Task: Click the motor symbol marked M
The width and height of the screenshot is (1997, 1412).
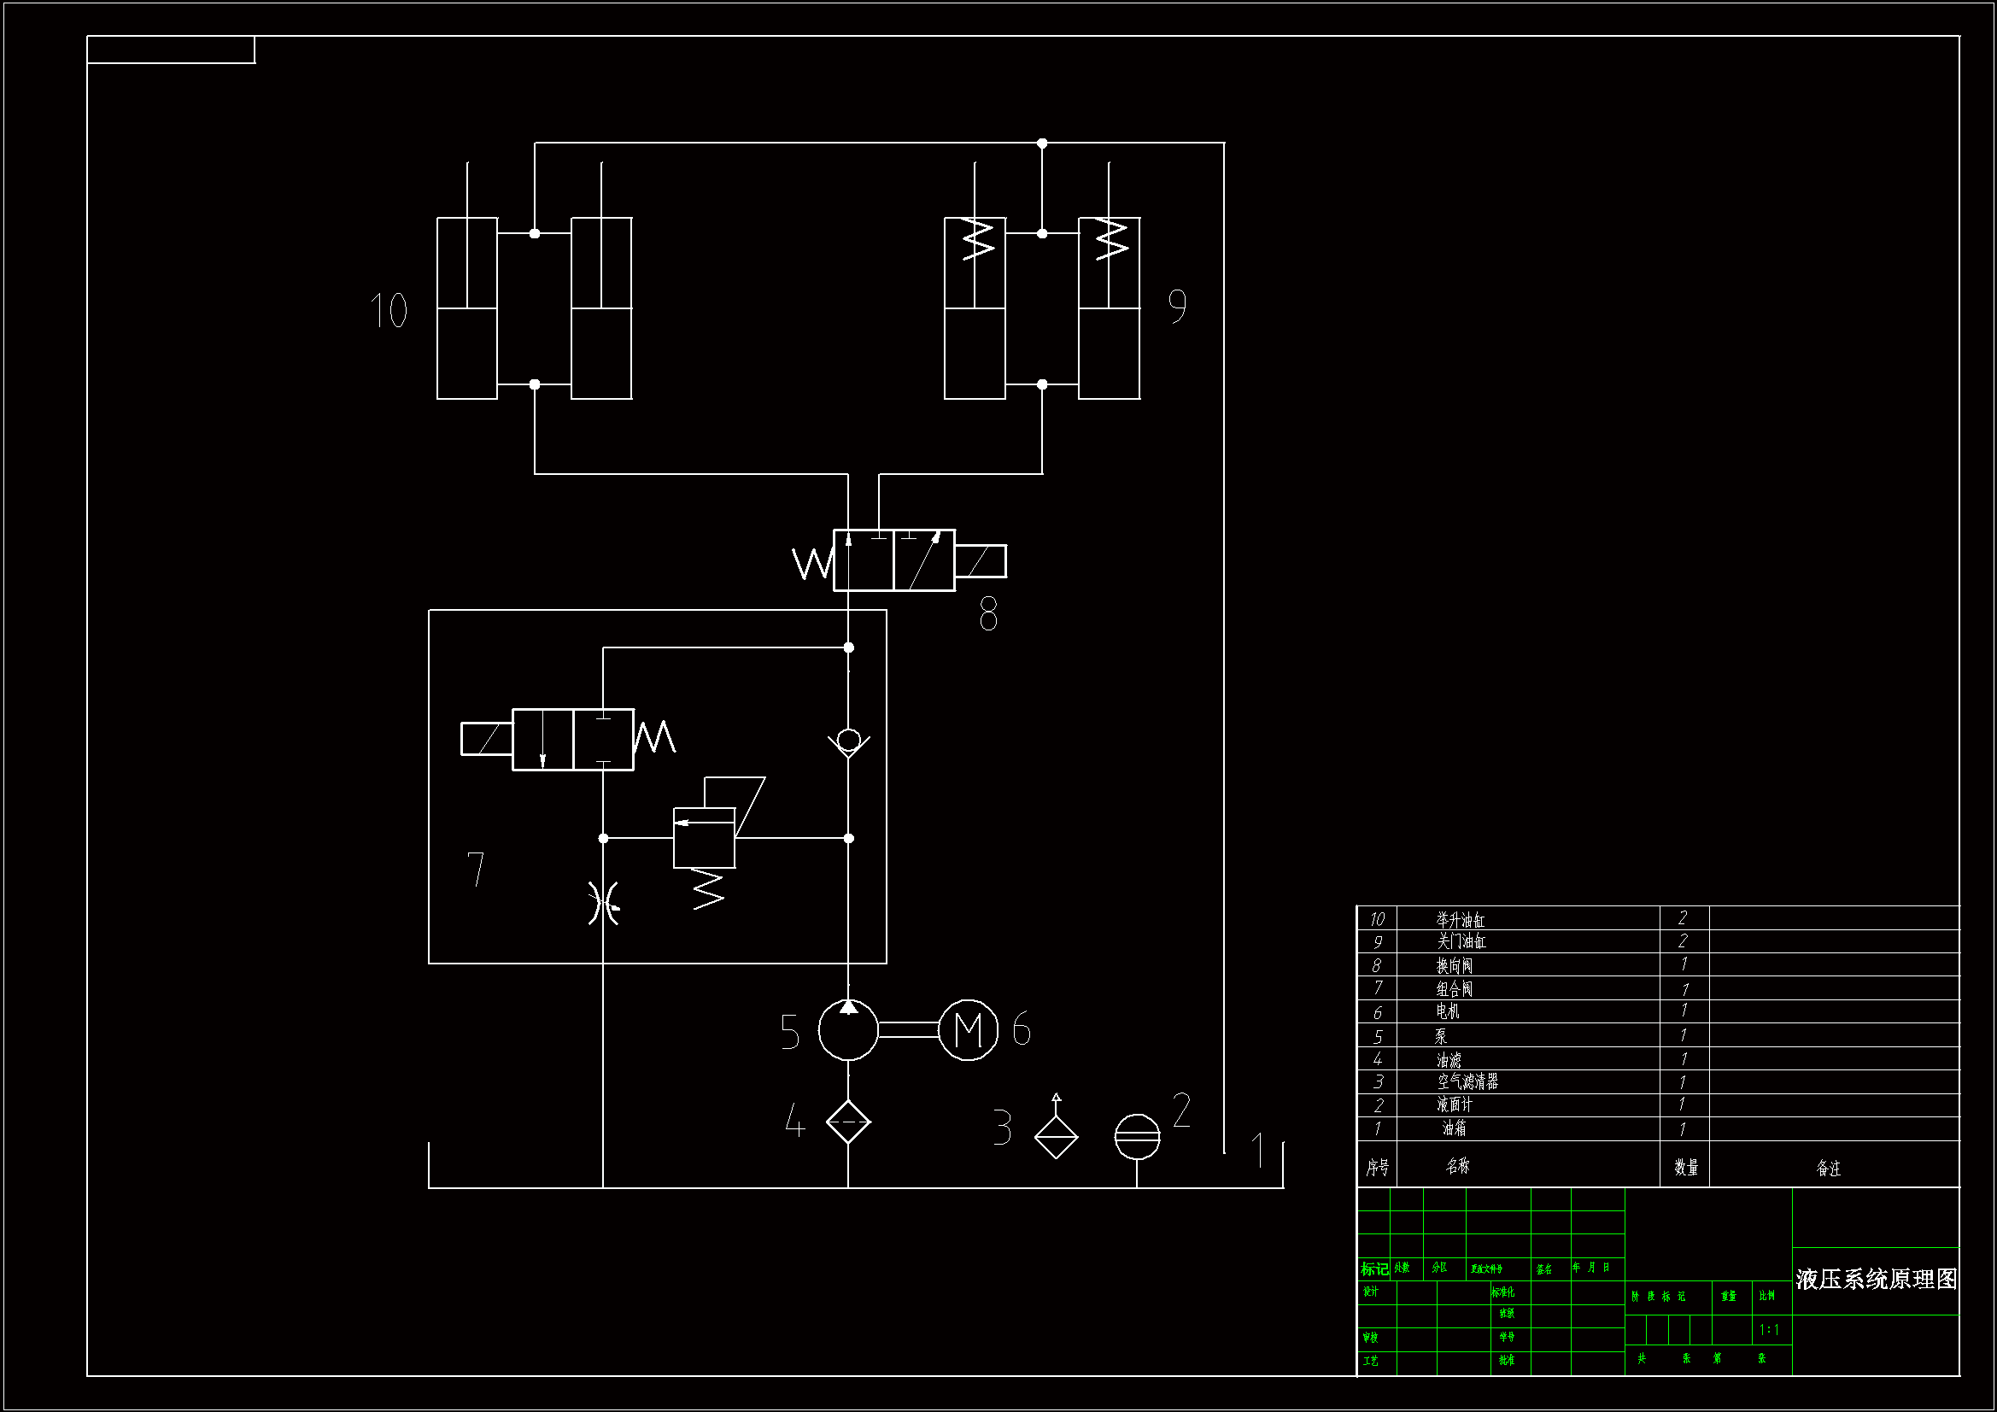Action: pos(968,1030)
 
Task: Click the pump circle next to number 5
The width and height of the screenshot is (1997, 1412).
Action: pos(848,1030)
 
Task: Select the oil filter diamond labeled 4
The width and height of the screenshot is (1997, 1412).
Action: pos(848,1122)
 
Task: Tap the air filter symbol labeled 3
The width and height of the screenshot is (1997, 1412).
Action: pos(1056,1134)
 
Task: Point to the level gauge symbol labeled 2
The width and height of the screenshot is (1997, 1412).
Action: pos(1137,1136)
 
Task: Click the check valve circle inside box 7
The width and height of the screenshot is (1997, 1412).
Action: pos(849,741)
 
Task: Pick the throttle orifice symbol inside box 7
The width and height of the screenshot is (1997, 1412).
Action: pos(604,902)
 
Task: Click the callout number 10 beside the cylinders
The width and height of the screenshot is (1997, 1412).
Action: pos(389,310)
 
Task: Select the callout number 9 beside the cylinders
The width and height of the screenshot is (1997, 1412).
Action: pos(1177,307)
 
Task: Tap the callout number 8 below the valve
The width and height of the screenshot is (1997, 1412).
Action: pos(988,614)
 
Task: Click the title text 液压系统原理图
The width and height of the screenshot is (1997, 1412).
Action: pos(1876,1279)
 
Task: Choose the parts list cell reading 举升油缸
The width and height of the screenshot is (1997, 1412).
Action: pos(1461,920)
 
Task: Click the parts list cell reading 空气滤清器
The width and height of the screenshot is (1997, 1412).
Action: pos(1467,1081)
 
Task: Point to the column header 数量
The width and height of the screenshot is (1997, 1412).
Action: pos(1685,1167)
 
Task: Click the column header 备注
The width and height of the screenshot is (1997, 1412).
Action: pos(1828,1168)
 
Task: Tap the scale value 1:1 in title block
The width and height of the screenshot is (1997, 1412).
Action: pos(1769,1329)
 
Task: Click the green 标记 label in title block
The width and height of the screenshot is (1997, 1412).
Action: pos(1374,1269)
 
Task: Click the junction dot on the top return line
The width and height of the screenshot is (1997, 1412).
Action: pos(1042,143)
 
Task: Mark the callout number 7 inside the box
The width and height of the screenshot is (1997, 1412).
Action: pos(476,868)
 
